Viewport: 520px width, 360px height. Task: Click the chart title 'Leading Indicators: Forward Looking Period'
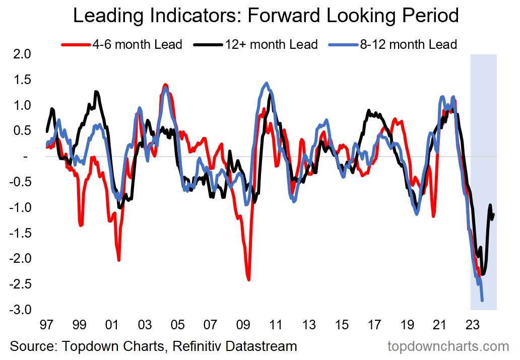[x=266, y=15]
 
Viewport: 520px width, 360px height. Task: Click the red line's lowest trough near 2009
[x=249, y=279]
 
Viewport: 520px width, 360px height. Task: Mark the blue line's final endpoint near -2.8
[x=482, y=301]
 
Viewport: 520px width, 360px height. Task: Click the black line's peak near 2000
[x=95, y=92]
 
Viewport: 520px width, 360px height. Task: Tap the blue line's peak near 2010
[x=267, y=83]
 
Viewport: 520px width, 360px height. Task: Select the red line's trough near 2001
[x=119, y=260]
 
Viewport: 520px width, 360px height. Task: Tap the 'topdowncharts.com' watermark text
[x=448, y=346]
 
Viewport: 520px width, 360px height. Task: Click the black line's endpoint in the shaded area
[x=493, y=215]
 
